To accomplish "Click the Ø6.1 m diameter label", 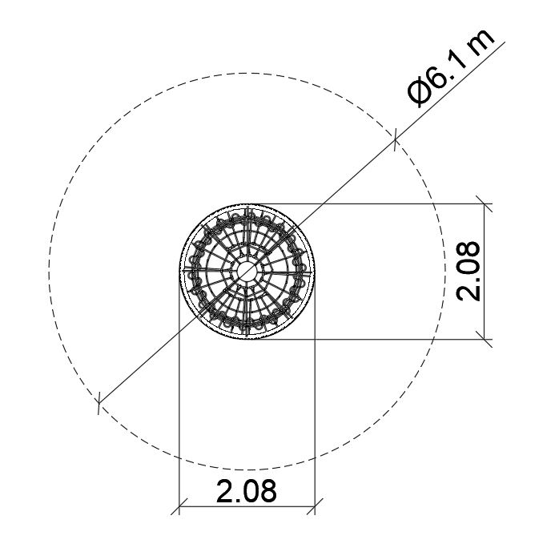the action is pos(451,67).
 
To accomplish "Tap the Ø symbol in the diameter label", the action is pos(420,93).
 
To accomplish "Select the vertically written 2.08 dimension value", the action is pos(469,272).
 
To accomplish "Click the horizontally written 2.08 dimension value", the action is pos(247,491).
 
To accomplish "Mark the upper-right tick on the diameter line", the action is pos(395,140).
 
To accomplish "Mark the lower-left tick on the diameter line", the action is pos(99,402).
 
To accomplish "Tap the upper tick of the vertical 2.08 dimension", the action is pos(484,203).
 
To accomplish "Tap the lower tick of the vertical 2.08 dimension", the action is pos(484,339).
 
